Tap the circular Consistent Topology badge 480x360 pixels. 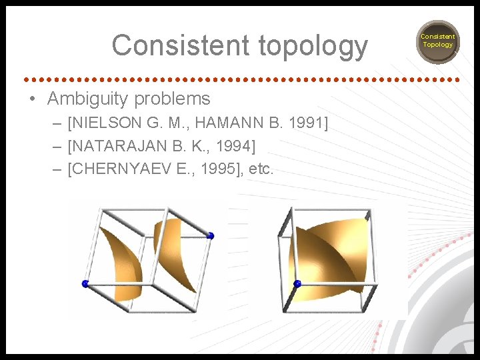click(437, 41)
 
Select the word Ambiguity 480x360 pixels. click(88, 99)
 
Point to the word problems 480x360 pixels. click(172, 99)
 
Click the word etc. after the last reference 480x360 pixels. click(261, 169)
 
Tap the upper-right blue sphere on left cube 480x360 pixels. click(211, 235)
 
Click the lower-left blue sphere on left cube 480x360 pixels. click(85, 284)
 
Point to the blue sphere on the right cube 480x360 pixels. click(297, 283)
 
